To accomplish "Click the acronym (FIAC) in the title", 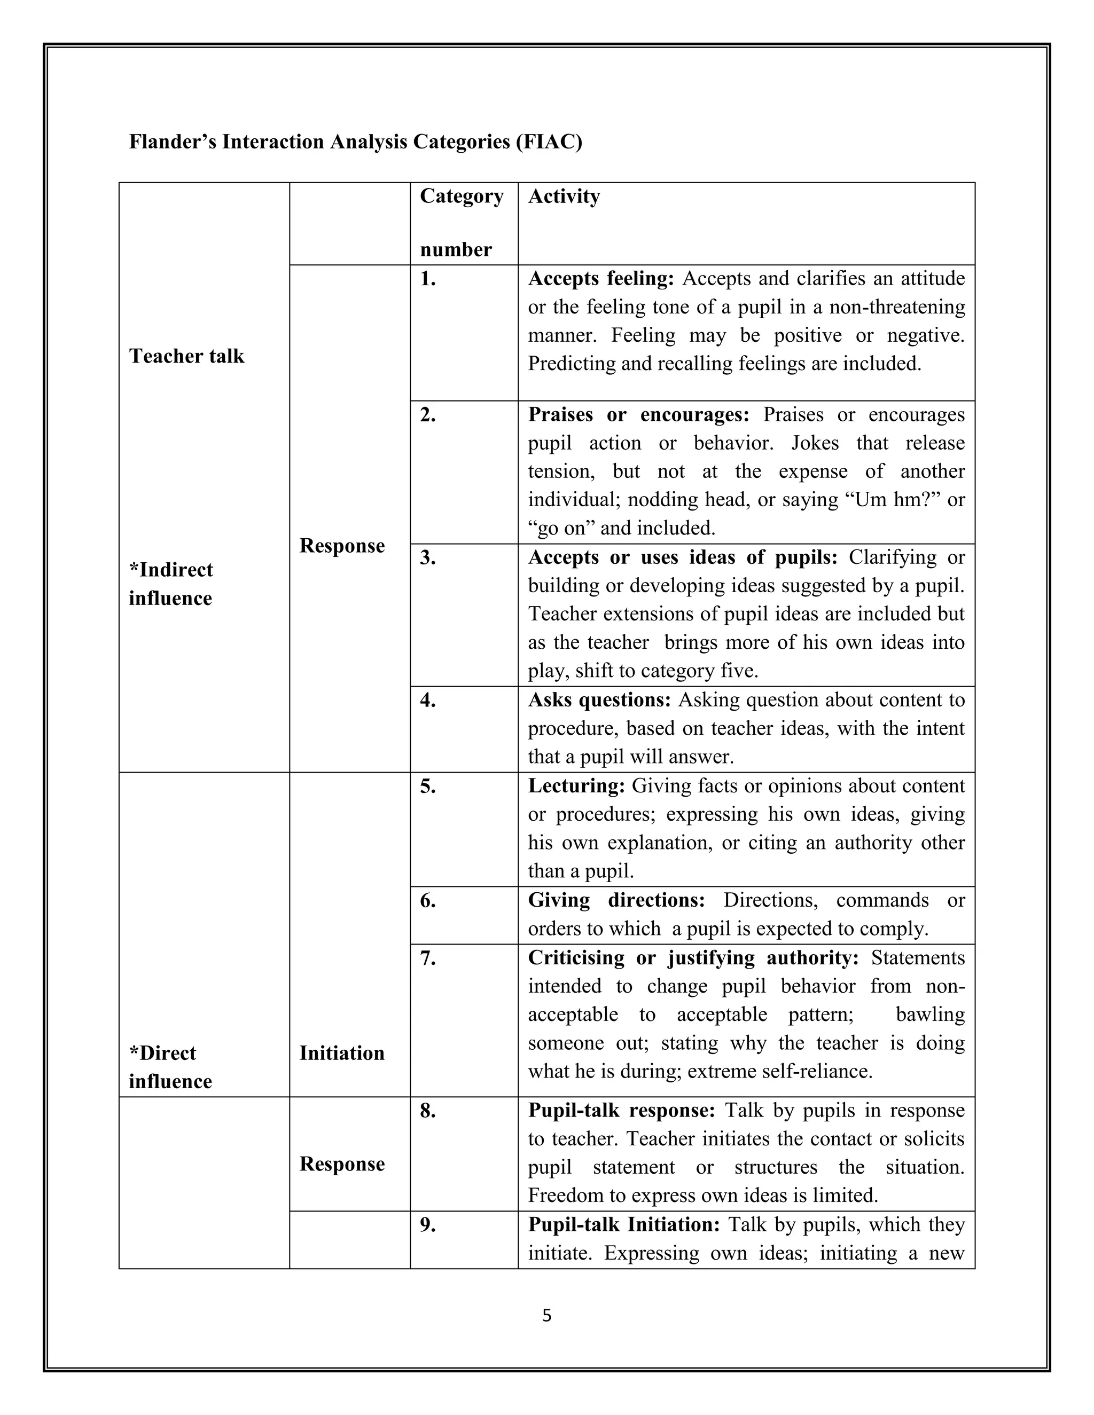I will [x=549, y=141].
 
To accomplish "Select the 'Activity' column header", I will [x=564, y=196].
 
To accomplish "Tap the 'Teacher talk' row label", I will [x=186, y=356].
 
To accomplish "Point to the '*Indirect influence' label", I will [x=170, y=584].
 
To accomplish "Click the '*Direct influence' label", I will [x=170, y=1067].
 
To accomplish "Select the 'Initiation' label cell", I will [x=341, y=1053].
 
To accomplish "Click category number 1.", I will [x=428, y=279].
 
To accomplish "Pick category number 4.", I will [x=428, y=701].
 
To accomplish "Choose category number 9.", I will [x=428, y=1225].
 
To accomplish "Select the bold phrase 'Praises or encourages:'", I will [x=638, y=415].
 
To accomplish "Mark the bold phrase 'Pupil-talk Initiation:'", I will [x=624, y=1225].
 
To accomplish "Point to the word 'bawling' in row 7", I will [x=930, y=1015].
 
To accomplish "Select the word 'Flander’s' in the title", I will [x=173, y=141].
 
